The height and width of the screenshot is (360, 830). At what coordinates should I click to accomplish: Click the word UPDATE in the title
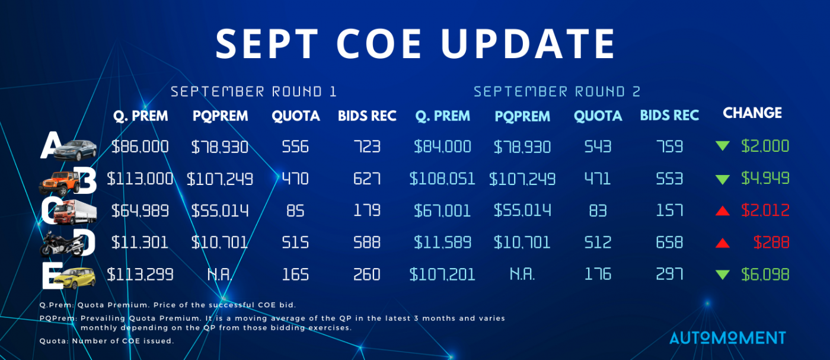click(x=528, y=44)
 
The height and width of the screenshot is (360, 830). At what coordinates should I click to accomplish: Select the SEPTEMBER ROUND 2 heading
click(x=557, y=91)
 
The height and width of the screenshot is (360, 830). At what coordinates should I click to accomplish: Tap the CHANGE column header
click(x=752, y=113)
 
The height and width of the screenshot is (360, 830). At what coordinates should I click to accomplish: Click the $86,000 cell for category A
click(x=140, y=147)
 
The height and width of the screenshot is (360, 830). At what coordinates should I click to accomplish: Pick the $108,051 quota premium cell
click(x=442, y=179)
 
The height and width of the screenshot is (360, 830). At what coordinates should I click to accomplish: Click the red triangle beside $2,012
click(x=723, y=211)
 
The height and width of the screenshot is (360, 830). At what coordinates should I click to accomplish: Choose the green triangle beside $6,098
click(x=723, y=275)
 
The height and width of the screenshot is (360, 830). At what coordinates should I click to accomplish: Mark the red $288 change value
click(x=771, y=243)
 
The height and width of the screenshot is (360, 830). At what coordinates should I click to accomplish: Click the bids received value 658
click(x=669, y=243)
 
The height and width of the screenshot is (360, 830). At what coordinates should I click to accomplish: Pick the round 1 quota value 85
click(x=295, y=211)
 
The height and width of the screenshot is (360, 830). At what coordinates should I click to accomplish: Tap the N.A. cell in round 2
click(x=522, y=275)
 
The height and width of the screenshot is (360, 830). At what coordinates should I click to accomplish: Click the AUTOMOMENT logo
click(x=728, y=337)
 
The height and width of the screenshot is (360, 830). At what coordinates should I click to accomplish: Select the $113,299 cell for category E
click(x=140, y=275)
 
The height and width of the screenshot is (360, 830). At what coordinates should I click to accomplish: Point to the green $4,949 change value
click(x=765, y=179)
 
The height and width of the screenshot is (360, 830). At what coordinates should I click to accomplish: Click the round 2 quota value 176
click(x=598, y=275)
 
